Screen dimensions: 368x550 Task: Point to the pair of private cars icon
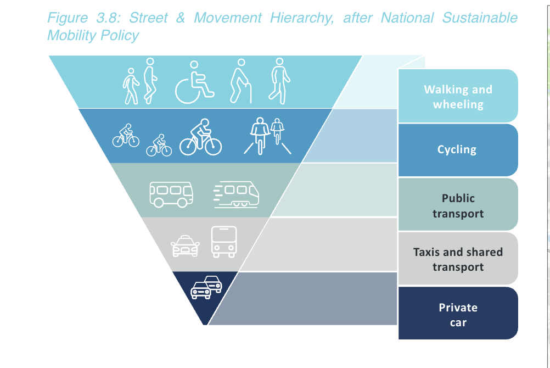(x=206, y=287)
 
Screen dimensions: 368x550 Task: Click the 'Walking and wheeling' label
(x=458, y=97)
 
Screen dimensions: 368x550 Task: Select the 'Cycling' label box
(x=458, y=149)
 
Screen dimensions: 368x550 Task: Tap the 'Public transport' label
(x=458, y=205)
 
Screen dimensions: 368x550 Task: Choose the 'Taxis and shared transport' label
(x=458, y=259)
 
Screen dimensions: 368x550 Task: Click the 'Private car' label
(x=458, y=314)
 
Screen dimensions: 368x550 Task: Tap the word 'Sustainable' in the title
(x=480, y=18)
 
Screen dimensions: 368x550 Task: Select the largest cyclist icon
(x=200, y=137)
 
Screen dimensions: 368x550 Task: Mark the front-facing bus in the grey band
(x=224, y=242)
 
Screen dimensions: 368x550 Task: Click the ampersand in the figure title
(x=181, y=18)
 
